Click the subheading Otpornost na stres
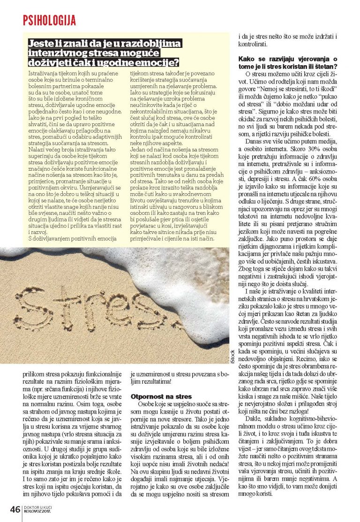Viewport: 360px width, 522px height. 154,396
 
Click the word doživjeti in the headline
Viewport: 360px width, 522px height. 49,63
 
